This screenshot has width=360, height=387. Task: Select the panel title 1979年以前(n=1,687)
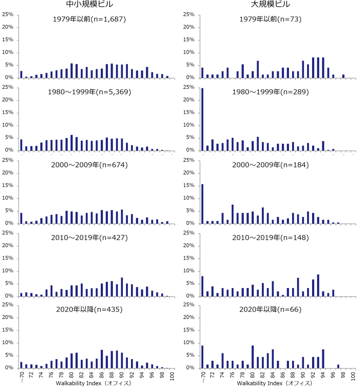coord(89,19)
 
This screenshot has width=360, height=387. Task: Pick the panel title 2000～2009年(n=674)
coord(89,165)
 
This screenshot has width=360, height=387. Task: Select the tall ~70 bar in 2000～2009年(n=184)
coord(202,204)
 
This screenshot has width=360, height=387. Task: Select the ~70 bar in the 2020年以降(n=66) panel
coord(202,357)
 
